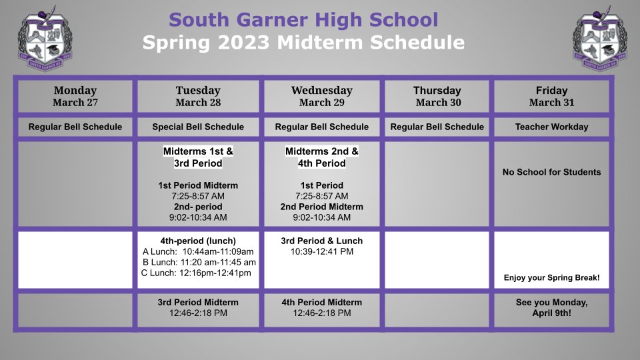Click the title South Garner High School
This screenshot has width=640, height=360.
click(x=303, y=20)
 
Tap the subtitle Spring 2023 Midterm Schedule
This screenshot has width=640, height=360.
click(x=303, y=43)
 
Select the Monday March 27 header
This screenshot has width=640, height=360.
click(x=75, y=96)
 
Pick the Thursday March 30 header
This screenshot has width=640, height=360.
click(x=437, y=96)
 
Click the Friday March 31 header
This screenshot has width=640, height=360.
click(x=551, y=96)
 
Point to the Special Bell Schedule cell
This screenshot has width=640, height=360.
click(x=198, y=127)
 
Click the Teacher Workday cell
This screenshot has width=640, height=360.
click(x=551, y=127)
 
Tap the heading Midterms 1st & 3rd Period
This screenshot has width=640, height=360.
click(x=198, y=157)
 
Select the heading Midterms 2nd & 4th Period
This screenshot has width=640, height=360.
click(x=321, y=157)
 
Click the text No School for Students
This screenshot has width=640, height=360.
click(x=551, y=172)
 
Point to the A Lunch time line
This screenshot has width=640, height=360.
click(x=198, y=251)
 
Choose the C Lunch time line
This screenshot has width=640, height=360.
click(x=196, y=273)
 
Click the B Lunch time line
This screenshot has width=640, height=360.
click(x=199, y=262)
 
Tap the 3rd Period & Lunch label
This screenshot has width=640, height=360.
click(x=321, y=241)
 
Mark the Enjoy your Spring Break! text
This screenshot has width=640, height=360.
click(x=551, y=277)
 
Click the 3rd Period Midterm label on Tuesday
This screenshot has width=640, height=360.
click(x=198, y=302)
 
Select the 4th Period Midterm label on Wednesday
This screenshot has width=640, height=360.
click(x=321, y=302)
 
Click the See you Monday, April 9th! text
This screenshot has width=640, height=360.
click(x=551, y=307)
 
